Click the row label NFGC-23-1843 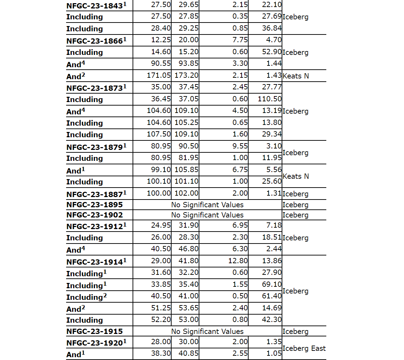pyautogui.click(x=95, y=6)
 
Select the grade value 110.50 pyautogui.click(x=270, y=99)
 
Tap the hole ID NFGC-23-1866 pyautogui.click(x=95, y=41)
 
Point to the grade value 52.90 pyautogui.click(x=272, y=52)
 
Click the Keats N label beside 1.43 pyautogui.click(x=296, y=76)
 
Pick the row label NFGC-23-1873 pyautogui.click(x=95, y=88)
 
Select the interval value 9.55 pyautogui.click(x=240, y=146)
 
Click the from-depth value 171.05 pyautogui.click(x=159, y=75)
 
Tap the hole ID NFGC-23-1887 pyautogui.click(x=95, y=194)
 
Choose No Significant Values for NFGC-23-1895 pyautogui.click(x=207, y=205)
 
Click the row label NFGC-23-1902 pyautogui.click(x=95, y=215)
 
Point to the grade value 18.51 pyautogui.click(x=272, y=237)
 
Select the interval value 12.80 pyautogui.click(x=238, y=261)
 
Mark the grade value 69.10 pyautogui.click(x=272, y=284)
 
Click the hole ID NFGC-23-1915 pyautogui.click(x=95, y=331)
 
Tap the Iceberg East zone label pyautogui.click(x=304, y=348)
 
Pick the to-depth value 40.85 pyautogui.click(x=188, y=354)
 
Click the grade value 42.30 pyautogui.click(x=272, y=320)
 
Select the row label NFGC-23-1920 pyautogui.click(x=95, y=343)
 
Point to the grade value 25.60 pyautogui.click(x=272, y=182)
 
